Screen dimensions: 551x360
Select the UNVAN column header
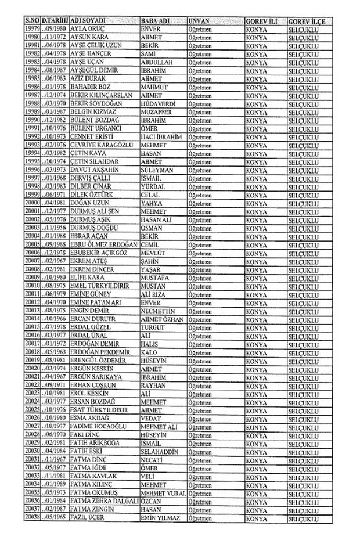click(x=199, y=20)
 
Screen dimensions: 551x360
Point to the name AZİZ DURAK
click(x=86, y=77)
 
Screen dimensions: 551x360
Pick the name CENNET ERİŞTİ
click(x=93, y=135)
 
